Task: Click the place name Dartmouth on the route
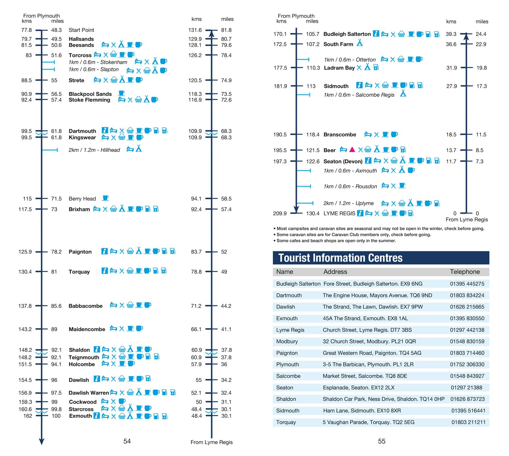(82, 131)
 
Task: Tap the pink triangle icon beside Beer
(352, 149)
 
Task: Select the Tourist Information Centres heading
(340, 258)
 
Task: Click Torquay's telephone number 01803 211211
(468, 422)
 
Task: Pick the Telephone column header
(465, 272)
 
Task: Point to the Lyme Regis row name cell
(290, 330)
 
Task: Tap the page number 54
(127, 441)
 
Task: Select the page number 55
(382, 441)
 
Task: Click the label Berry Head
(82, 199)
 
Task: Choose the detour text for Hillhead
(94, 150)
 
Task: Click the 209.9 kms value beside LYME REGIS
(280, 213)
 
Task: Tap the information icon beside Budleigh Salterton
(376, 34)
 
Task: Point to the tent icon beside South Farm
(360, 43)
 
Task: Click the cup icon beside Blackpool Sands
(121, 93)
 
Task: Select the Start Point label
(81, 30)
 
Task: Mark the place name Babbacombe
(86, 306)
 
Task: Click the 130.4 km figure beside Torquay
(25, 272)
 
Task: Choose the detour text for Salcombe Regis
(359, 95)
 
